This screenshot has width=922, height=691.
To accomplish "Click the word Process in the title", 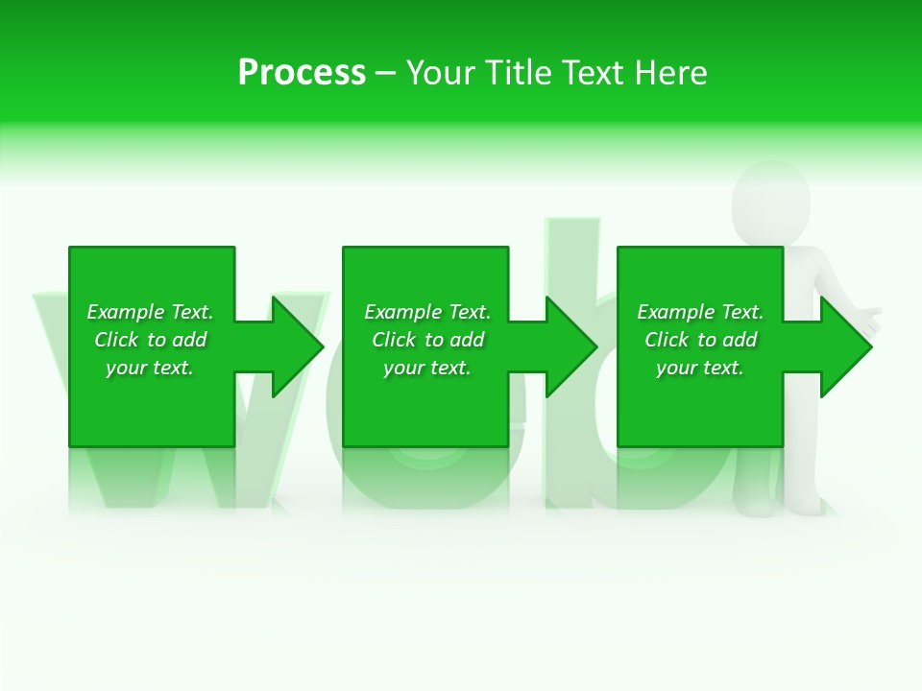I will (x=302, y=73).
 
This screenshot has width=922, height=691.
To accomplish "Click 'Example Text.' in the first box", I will (x=150, y=312).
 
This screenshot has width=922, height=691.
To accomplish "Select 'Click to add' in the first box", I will (x=150, y=340).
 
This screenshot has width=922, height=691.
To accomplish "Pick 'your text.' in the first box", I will (x=150, y=368).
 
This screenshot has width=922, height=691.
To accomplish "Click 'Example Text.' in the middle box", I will (x=427, y=312).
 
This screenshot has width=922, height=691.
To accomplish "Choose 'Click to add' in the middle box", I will (x=427, y=340).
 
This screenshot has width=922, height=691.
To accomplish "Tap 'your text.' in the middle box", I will (x=427, y=368).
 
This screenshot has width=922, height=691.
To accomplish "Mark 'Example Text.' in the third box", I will (x=700, y=312).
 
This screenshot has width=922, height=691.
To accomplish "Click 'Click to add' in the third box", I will (x=700, y=340).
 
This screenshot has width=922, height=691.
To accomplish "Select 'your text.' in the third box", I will (x=700, y=368).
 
